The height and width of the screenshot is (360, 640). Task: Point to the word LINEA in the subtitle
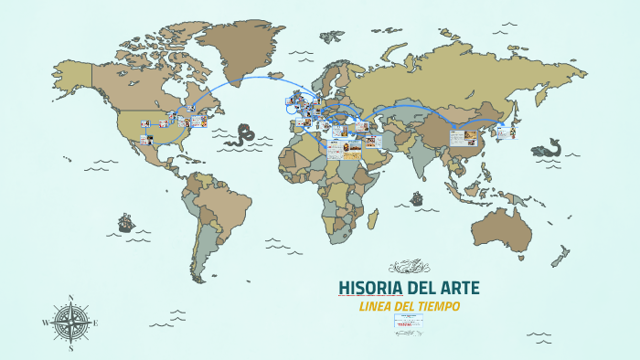coord(376,305)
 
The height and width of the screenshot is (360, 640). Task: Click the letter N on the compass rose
coord(71,297)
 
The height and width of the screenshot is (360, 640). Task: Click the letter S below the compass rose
coord(71,348)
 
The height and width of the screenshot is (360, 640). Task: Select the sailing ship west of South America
coord(125,222)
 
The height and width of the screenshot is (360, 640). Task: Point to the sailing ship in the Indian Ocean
coord(417,197)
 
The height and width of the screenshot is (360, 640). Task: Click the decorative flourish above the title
coord(408,267)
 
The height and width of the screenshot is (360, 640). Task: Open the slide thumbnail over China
coord(461,138)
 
